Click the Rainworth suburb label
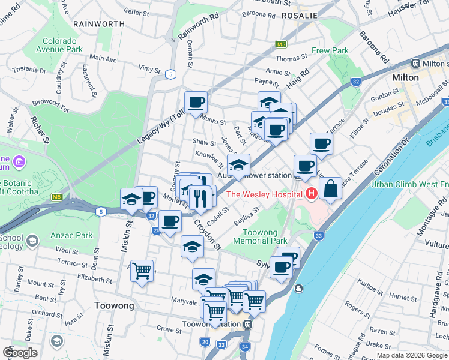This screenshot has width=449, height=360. point(99,23)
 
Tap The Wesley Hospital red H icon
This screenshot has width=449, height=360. point(312,194)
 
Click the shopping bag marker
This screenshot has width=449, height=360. point(330,188)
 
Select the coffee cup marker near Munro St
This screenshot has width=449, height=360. point(196,103)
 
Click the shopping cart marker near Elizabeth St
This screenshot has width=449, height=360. point(142,271)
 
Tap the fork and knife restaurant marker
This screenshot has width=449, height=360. point(199,197)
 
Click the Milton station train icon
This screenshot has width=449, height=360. point(415,64)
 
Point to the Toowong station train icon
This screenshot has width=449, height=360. point(247,323)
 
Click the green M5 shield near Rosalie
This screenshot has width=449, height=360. point(281,44)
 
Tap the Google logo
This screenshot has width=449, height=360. point(20,353)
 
